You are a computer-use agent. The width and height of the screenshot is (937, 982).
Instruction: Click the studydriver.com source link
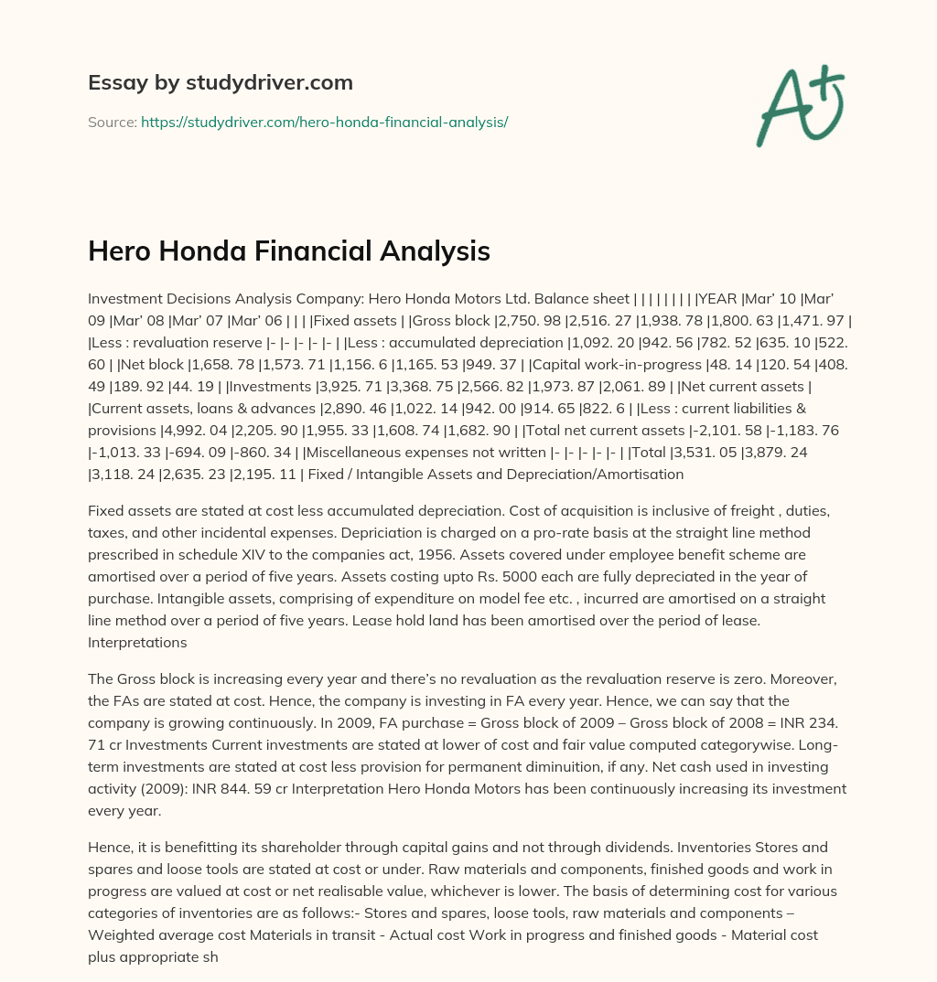coord(324,122)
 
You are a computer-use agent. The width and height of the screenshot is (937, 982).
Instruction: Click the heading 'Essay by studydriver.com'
coord(220,82)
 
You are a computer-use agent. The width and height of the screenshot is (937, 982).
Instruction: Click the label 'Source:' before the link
coord(112,122)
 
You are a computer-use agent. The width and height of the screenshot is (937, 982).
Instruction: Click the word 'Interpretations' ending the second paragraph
coord(137,642)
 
